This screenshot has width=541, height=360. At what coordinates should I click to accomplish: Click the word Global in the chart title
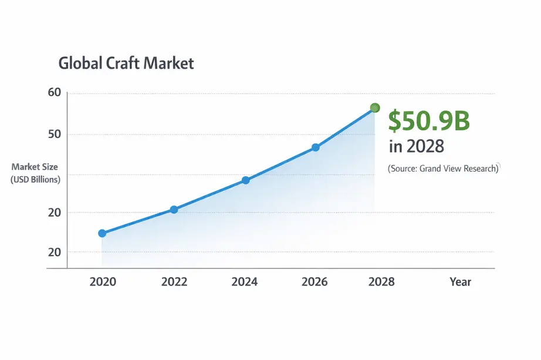click(78, 63)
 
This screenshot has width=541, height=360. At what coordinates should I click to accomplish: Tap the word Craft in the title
click(121, 63)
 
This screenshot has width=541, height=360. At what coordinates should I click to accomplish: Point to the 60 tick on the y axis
click(54, 93)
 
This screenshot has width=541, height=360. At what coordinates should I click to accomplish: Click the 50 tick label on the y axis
click(54, 134)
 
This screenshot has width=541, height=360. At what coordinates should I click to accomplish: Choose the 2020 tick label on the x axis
click(103, 282)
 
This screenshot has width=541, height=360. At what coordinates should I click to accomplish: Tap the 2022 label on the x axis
click(174, 282)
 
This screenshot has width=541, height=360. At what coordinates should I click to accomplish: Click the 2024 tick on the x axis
click(245, 282)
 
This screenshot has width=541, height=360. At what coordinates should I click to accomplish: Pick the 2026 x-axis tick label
click(315, 282)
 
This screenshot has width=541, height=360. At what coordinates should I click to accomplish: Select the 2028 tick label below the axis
click(381, 282)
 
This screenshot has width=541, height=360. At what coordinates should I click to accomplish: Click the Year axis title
click(460, 282)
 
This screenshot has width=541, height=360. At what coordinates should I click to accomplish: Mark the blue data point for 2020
click(102, 233)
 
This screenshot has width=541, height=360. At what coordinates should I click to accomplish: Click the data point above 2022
click(174, 210)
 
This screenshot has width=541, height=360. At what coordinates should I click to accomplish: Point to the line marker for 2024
click(245, 180)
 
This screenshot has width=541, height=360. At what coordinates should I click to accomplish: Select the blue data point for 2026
click(315, 147)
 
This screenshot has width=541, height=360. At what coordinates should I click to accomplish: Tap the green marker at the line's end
click(376, 108)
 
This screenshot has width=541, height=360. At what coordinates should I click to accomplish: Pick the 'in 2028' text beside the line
click(416, 146)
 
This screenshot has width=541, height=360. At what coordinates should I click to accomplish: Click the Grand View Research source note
click(444, 169)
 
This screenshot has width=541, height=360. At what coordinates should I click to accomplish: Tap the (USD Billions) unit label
click(35, 180)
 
